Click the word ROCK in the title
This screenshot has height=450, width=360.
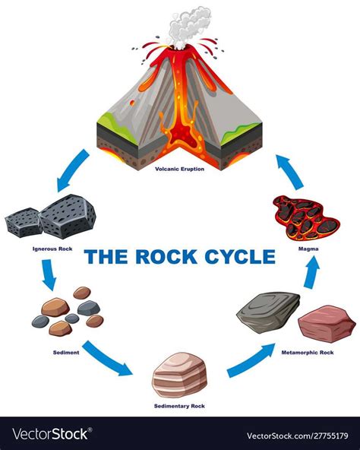pyautogui.click(x=159, y=257)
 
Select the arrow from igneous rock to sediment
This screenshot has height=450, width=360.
pyautogui.click(x=48, y=275)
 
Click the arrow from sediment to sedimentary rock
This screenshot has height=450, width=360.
pyautogui.click(x=107, y=358)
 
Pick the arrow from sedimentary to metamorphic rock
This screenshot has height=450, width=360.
pyautogui.click(x=251, y=359)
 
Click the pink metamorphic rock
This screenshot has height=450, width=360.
pyautogui.click(x=327, y=323)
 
